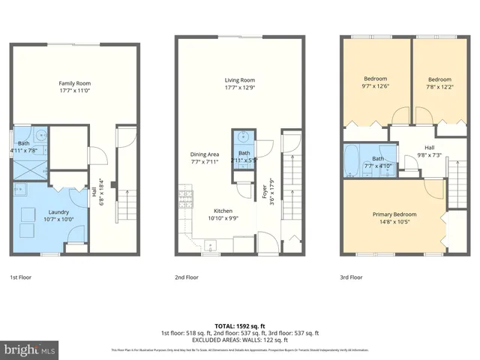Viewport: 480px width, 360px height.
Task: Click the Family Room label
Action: click(x=75, y=83)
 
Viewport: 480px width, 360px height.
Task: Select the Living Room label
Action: click(x=240, y=80)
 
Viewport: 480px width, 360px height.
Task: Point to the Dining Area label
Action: click(x=204, y=154)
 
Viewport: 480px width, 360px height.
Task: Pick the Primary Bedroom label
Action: click(x=394, y=214)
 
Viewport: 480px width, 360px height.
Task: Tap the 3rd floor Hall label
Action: click(x=430, y=148)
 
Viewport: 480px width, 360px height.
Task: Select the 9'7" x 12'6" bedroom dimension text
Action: click(x=376, y=86)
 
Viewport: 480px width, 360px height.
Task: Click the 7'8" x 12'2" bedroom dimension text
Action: click(x=440, y=87)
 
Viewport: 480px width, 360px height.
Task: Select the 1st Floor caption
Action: click(x=21, y=277)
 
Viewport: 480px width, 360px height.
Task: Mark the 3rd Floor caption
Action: click(x=351, y=277)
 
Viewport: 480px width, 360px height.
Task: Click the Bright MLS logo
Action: click(x=30, y=349)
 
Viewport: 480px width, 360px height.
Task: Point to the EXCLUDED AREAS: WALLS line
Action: click(x=239, y=340)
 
